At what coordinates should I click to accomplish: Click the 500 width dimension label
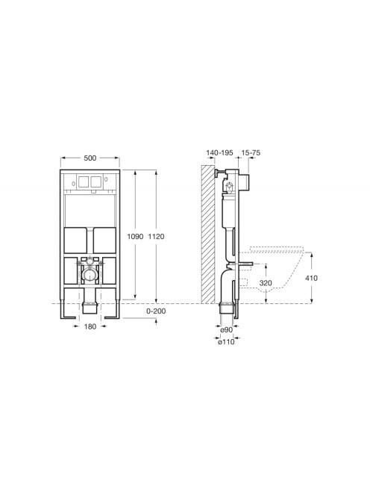point(90,158)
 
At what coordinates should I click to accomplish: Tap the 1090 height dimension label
point(135,236)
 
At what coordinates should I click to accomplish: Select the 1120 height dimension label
point(156,236)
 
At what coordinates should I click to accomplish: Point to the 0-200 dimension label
point(156,311)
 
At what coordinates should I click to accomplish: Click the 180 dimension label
point(90,326)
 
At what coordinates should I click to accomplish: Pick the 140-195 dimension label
point(219,153)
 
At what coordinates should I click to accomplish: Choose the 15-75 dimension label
point(251,153)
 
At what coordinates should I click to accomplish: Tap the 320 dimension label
point(266,283)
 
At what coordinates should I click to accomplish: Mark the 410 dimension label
point(312,278)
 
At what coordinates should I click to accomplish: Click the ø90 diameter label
point(227,329)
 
